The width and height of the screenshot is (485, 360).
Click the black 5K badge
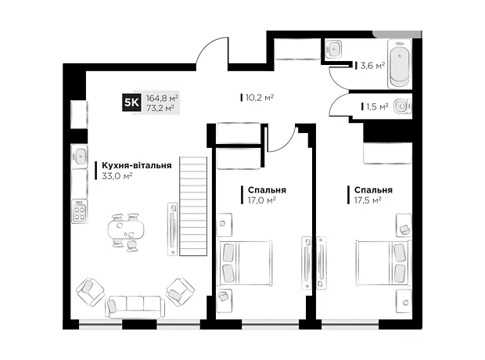131,103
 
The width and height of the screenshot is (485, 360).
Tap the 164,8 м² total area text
162,99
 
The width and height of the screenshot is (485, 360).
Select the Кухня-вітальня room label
137,165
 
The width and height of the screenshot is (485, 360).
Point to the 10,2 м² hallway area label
260,98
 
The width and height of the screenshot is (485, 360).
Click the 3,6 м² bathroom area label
372,66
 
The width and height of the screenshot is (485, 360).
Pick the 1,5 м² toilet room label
378,106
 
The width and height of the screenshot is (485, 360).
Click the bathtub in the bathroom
399,64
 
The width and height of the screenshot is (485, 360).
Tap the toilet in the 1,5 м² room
402,106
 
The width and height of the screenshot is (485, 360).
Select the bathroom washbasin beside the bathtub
333,49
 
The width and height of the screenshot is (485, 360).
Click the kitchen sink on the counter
80,156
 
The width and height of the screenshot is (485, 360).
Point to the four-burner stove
80,212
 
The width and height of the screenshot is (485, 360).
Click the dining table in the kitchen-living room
126,229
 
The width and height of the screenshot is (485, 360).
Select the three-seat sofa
135,307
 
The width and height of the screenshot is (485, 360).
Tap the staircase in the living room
193,206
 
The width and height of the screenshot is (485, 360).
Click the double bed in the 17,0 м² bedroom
245,263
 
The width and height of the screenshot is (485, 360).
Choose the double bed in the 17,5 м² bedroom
383,263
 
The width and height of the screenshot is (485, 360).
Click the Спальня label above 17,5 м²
373,189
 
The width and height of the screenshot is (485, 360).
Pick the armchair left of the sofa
90,292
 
